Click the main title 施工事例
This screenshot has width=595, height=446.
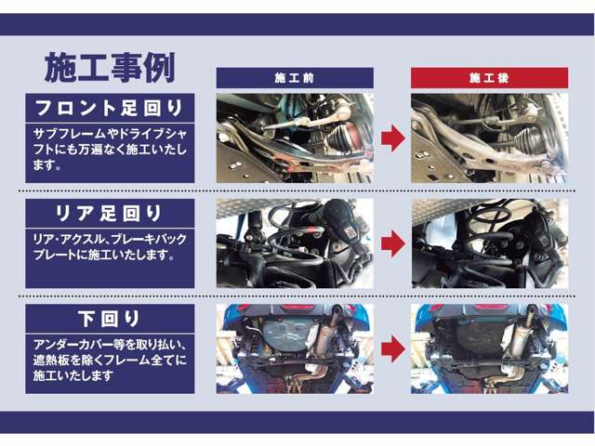point(110,68)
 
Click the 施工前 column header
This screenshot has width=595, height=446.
point(295,78)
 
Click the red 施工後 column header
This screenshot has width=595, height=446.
point(489,78)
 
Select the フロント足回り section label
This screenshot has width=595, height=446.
point(110,106)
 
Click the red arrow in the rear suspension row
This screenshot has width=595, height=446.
point(392,243)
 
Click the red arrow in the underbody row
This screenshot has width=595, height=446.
point(392,348)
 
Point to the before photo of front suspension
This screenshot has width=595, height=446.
point(295,138)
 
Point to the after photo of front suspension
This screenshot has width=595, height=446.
point(489,138)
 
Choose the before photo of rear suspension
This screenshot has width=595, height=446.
point(295,243)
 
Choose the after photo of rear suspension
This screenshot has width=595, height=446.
point(489,243)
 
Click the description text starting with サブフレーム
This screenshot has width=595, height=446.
point(110,150)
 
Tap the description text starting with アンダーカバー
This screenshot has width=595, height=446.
point(110,359)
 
